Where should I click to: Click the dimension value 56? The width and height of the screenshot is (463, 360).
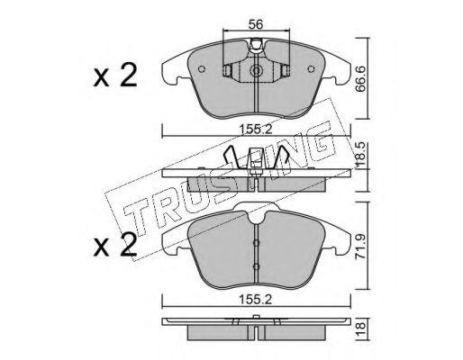(256, 24)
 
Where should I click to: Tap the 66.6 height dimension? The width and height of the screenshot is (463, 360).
(360, 78)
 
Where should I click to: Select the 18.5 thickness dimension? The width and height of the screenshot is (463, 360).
(360, 156)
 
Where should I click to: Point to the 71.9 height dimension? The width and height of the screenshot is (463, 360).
(360, 247)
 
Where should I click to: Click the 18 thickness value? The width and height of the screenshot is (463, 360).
(360, 329)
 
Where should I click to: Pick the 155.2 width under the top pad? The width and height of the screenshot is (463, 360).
(256, 130)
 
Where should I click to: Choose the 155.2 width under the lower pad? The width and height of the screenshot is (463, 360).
(256, 299)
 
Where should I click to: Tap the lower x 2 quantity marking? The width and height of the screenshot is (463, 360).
(115, 245)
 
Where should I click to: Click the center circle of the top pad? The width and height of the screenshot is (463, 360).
(256, 71)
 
